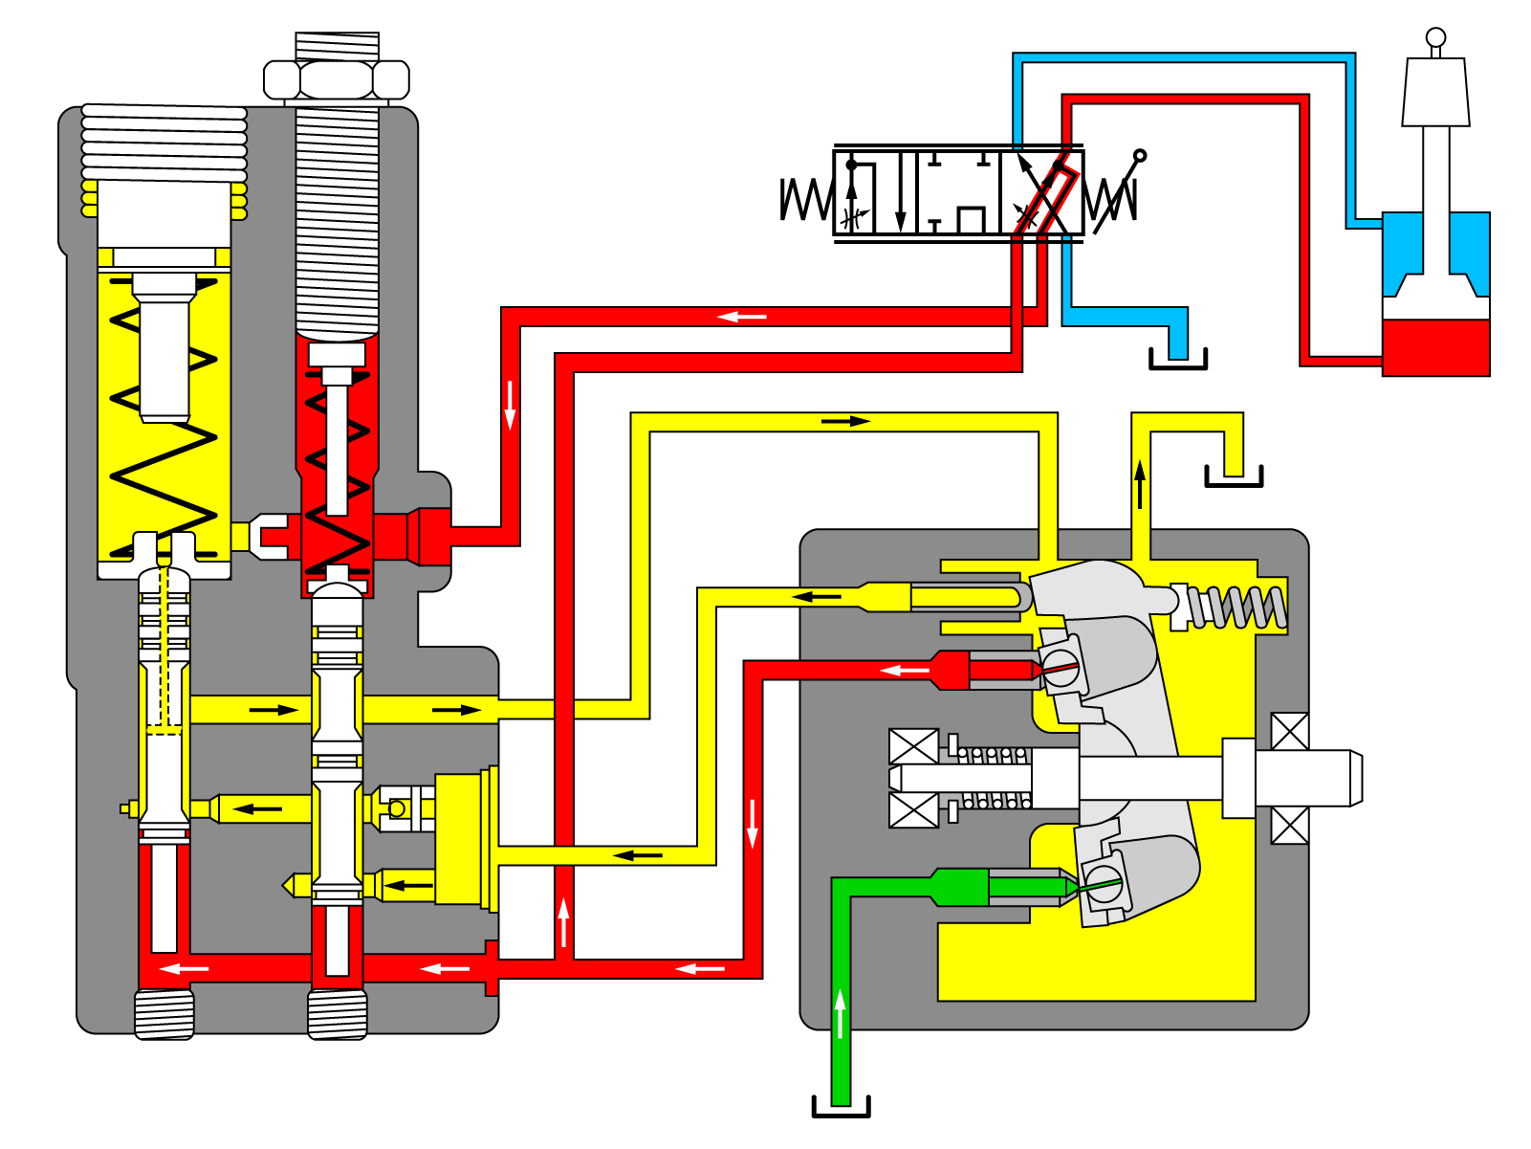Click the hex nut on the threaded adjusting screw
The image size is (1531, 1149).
[x=336, y=79]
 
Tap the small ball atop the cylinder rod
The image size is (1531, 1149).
[x=1435, y=37]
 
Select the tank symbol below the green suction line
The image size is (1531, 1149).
[x=841, y=1107]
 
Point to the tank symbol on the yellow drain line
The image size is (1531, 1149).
[x=1234, y=475]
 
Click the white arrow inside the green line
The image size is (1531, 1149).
[x=841, y=1014]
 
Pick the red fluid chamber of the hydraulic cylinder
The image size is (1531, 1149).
[x=1435, y=347]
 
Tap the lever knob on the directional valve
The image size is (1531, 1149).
[x=1139, y=155]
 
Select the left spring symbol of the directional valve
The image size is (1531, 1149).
[x=805, y=199]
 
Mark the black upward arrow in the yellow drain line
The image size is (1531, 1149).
[x=1140, y=483]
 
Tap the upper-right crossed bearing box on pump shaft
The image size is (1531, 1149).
[x=1289, y=732]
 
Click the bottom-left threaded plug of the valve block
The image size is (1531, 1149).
[x=164, y=1014]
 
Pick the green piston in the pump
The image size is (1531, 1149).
[x=1023, y=887]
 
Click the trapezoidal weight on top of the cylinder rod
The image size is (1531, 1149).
[x=1435, y=92]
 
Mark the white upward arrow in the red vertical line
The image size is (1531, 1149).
[x=564, y=923]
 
